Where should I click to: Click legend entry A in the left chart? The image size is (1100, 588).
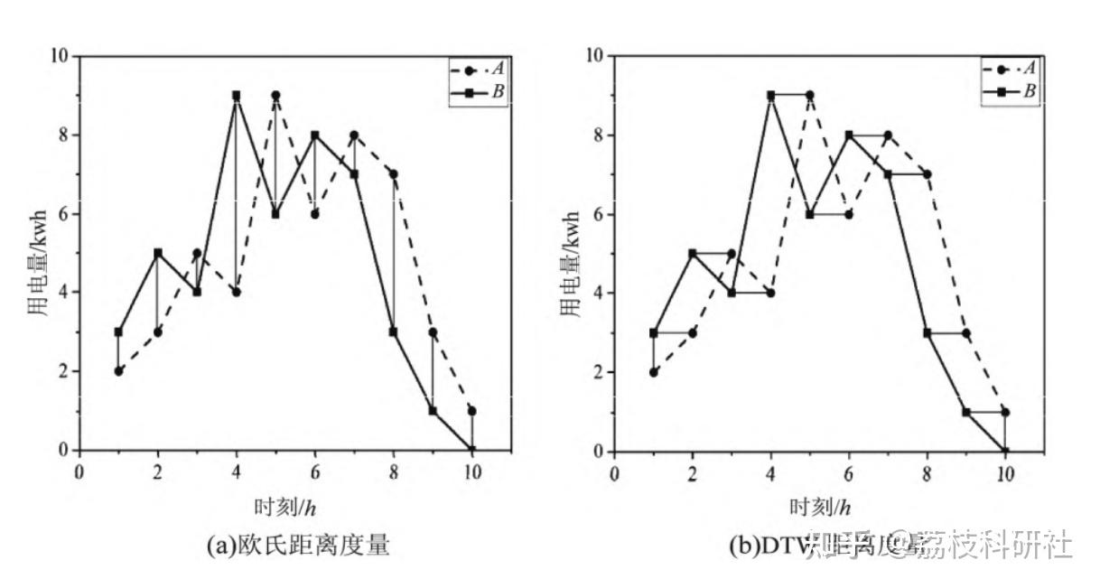pos(478,69)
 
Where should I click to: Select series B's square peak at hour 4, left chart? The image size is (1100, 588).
pos(236,95)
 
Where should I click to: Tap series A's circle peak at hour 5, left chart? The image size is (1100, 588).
pos(275,95)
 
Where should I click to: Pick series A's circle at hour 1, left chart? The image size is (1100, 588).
pos(118,370)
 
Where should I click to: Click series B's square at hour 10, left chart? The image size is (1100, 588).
pos(471,450)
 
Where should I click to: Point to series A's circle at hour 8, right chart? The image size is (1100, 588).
pos(927,174)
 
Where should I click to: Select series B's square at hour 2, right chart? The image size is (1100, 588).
pos(693,254)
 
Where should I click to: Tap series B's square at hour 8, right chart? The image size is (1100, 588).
pos(927,332)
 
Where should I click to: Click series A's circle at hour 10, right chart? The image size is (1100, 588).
pos(1005,412)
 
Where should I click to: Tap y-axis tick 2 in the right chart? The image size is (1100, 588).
pos(599,372)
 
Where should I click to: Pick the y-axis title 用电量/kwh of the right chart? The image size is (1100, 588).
pos(570,254)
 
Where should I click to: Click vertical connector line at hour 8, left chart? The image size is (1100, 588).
pos(393,253)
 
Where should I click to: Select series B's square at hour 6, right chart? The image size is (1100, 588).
pos(849,135)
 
